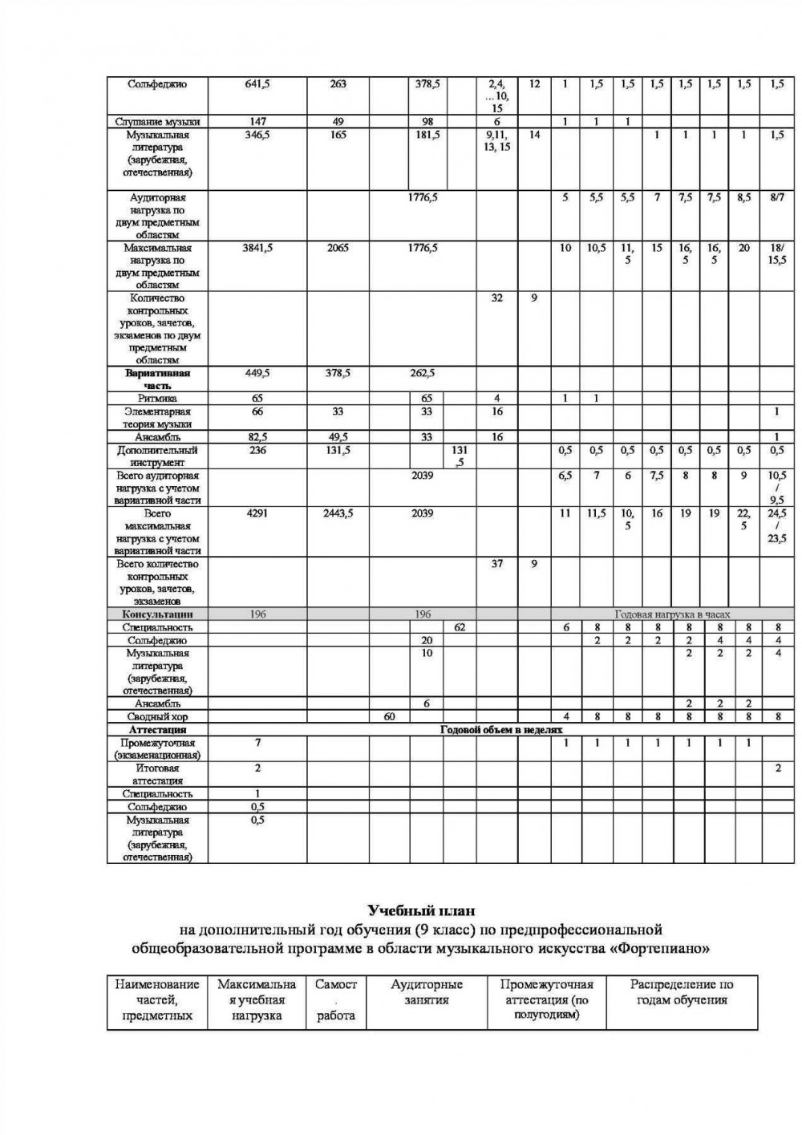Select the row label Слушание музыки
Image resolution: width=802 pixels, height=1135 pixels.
(x=157, y=122)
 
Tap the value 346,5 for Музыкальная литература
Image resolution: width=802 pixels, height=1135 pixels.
(x=257, y=135)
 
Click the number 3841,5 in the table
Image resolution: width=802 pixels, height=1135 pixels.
(x=257, y=248)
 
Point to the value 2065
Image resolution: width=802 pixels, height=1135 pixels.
(x=338, y=248)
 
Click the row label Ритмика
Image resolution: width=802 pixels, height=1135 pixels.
(x=157, y=398)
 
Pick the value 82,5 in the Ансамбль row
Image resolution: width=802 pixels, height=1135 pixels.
(x=257, y=437)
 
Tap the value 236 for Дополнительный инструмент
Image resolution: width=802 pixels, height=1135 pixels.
(x=257, y=450)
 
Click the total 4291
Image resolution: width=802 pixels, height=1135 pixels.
(x=257, y=513)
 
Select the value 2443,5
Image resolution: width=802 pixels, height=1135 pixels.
(x=338, y=513)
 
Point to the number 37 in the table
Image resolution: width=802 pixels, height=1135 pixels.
(x=497, y=564)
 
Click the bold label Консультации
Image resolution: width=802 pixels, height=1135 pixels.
(x=157, y=614)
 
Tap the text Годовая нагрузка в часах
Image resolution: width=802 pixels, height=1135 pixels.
(x=672, y=614)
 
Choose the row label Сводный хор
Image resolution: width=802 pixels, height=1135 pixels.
(x=157, y=717)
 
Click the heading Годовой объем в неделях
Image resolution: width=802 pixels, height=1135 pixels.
(x=501, y=730)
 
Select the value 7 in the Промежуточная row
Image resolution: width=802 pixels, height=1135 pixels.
(x=257, y=743)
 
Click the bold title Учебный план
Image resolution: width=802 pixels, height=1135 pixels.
(x=421, y=910)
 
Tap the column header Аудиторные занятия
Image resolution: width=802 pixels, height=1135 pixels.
(x=427, y=992)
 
